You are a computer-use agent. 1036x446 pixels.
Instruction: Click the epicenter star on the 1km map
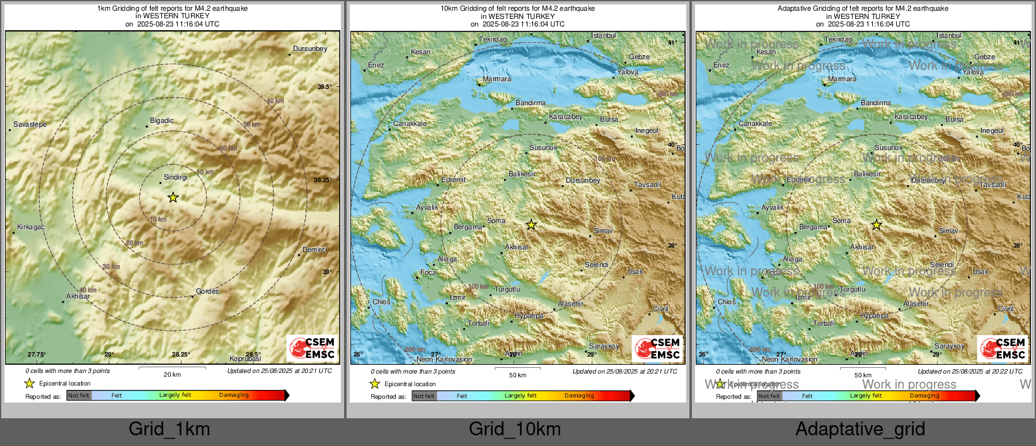coord(173,198)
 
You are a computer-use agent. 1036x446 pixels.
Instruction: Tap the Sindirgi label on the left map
coord(176,178)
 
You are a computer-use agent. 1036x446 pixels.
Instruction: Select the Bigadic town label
coord(162,120)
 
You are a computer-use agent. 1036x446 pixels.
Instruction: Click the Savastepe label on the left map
coord(30,125)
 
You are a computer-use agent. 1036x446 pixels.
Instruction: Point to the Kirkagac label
coord(31,227)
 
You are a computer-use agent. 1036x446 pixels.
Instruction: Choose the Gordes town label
coord(207,292)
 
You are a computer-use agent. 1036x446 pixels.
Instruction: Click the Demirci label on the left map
coord(314,250)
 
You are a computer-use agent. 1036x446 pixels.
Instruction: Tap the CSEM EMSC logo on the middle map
coord(657,348)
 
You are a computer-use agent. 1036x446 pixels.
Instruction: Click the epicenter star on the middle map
coord(531,225)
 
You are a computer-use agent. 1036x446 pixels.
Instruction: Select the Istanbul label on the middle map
coord(604,36)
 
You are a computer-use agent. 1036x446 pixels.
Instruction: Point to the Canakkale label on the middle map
coord(410,124)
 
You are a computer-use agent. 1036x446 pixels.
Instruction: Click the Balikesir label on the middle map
coord(522,174)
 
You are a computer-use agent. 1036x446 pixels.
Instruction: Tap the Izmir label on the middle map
coord(458,297)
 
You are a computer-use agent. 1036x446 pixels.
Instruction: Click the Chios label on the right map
coord(727,302)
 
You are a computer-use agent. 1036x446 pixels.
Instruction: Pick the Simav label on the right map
coord(948,231)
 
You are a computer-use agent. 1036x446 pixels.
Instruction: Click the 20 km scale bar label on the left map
coord(172,375)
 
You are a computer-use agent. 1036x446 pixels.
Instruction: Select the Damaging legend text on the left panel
coord(234,396)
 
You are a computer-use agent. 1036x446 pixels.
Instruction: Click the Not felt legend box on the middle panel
coord(424,396)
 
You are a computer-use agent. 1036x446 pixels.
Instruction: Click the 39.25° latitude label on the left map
coord(323,180)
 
